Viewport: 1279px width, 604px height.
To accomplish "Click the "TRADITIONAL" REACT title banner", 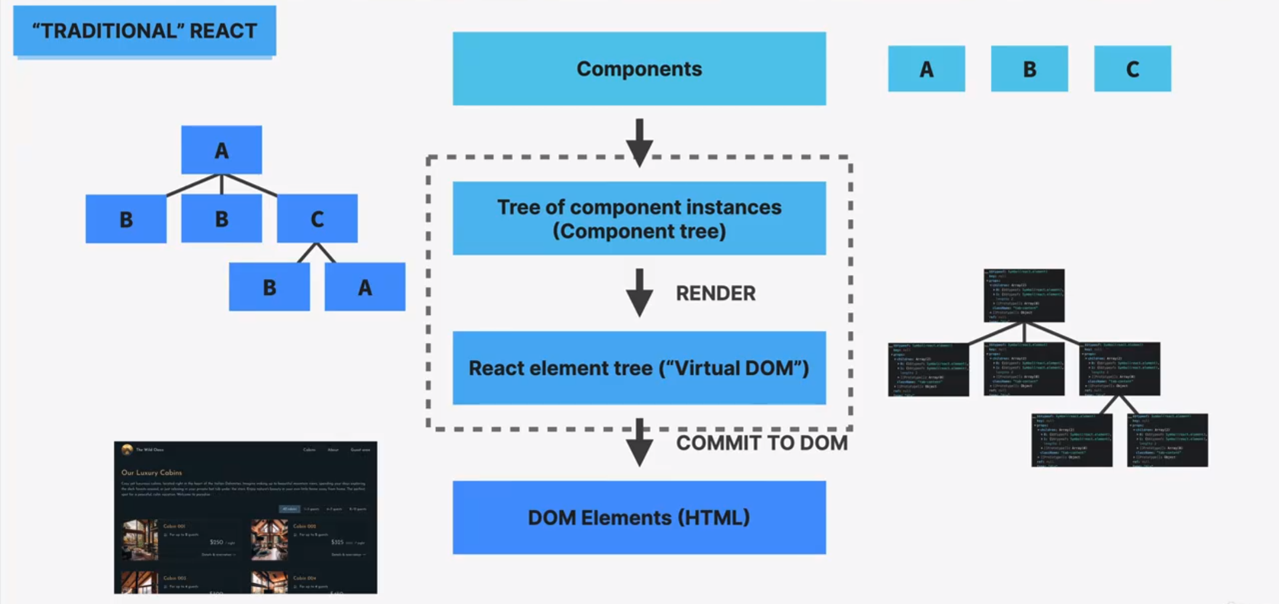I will point(144,31).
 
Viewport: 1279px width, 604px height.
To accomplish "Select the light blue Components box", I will point(639,69).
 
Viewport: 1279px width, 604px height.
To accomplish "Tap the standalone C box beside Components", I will point(1132,69).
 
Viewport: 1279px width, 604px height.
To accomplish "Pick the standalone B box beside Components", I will point(1029,69).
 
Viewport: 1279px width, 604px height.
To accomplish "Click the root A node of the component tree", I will point(221,150).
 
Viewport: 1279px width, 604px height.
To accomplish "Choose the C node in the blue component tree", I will point(317,219).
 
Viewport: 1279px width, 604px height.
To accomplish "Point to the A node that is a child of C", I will point(365,287).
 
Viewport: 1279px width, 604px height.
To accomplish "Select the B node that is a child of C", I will point(269,287).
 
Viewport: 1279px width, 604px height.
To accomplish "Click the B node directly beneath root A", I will point(221,219).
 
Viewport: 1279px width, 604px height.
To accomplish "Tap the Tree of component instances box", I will point(639,219).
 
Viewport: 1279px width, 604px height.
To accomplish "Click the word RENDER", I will point(715,293).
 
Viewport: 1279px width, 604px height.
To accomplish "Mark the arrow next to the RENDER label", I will point(639,293).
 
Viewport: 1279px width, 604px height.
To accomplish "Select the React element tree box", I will point(639,368).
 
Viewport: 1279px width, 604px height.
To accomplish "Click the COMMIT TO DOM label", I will point(761,443).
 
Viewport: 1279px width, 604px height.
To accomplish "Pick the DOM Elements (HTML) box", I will point(639,518).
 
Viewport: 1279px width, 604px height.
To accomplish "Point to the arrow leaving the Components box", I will point(639,142).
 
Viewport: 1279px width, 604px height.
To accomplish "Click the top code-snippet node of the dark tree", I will point(1024,295).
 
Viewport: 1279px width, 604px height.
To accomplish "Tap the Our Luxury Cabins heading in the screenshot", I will point(152,473).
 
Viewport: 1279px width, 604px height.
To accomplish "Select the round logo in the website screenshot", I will point(127,449).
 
